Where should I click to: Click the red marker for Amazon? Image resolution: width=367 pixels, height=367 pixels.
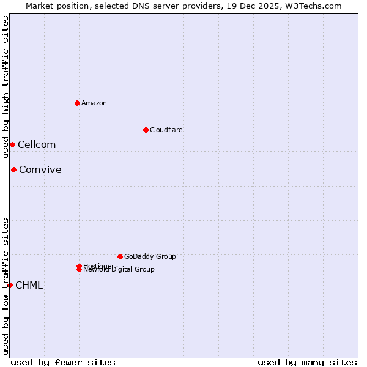[x=78, y=103]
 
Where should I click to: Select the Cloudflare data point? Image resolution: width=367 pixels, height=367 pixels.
[x=146, y=130]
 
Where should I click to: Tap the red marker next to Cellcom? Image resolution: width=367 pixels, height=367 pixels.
[x=12, y=144]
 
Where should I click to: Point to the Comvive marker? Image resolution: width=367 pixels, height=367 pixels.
[x=13, y=169]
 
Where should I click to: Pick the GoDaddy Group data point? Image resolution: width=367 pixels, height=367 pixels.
[x=120, y=256]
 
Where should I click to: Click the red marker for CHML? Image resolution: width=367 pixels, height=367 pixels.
[x=10, y=285]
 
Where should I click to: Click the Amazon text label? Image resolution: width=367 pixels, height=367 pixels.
[x=94, y=103]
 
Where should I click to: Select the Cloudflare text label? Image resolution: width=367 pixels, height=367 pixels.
[x=166, y=130]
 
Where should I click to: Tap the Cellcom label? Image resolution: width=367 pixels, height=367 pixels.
[x=37, y=145]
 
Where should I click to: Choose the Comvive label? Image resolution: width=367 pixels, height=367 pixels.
[x=40, y=170]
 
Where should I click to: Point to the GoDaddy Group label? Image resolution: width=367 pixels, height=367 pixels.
[x=150, y=256]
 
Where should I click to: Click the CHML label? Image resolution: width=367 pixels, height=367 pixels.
[x=29, y=286]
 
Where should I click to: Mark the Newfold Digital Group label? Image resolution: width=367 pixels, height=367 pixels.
[x=120, y=270]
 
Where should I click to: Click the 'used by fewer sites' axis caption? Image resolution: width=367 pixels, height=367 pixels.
[x=63, y=362]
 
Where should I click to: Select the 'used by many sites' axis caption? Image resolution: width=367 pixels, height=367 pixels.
[x=307, y=362]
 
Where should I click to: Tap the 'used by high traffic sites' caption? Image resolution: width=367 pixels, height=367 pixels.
[x=6, y=87]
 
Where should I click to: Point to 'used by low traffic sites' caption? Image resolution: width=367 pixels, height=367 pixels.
[x=6, y=286]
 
